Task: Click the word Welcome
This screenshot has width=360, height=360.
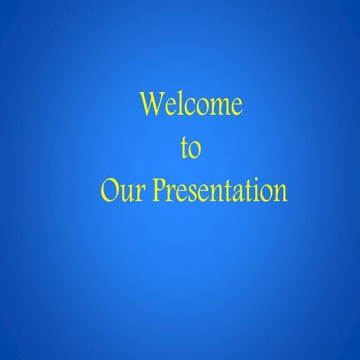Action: [191, 104]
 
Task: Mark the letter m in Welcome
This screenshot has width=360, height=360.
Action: [217, 107]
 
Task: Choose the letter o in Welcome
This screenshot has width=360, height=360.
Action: [200, 107]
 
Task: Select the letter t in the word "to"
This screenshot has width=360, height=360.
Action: [184, 148]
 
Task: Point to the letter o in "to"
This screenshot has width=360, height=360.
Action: [195, 151]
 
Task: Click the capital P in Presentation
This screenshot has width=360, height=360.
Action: [158, 190]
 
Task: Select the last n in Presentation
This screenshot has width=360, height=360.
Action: [279, 193]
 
